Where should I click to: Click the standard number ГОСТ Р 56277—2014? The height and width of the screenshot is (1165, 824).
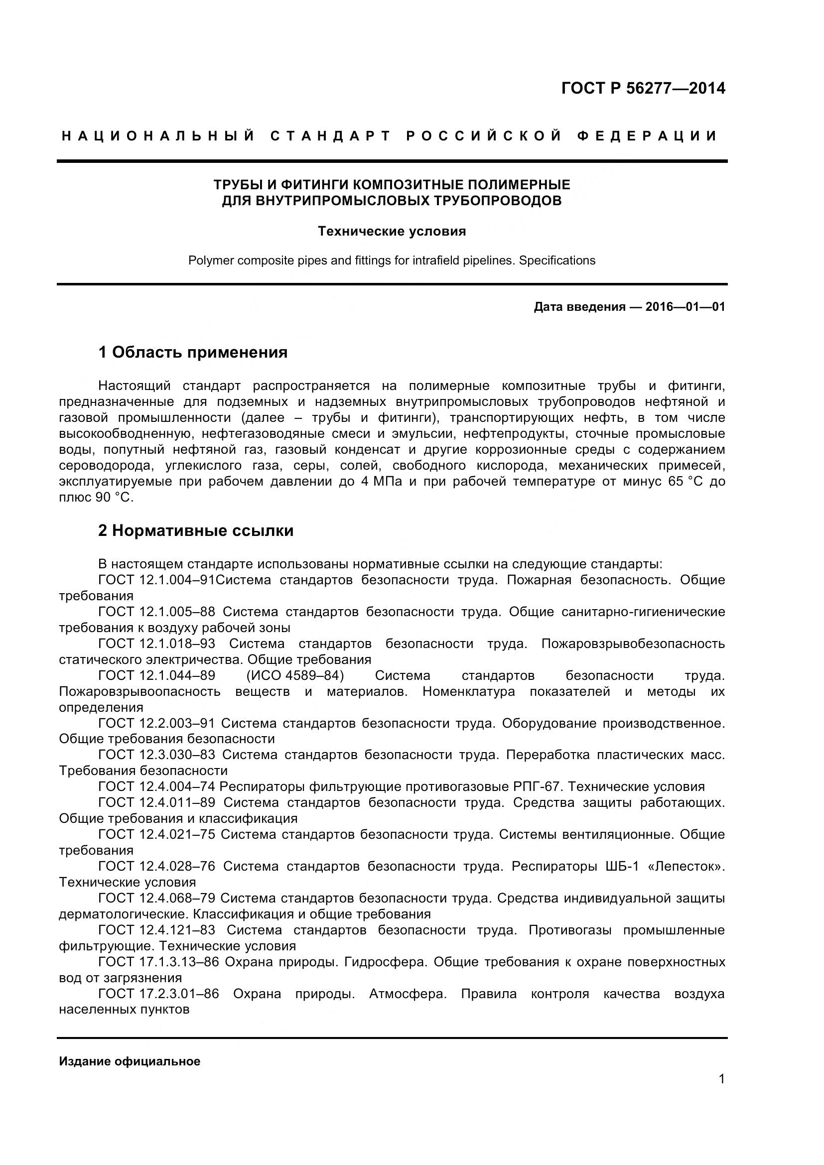[x=643, y=88]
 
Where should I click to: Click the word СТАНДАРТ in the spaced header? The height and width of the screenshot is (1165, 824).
[x=330, y=136]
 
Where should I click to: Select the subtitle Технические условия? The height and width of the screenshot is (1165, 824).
[x=392, y=232]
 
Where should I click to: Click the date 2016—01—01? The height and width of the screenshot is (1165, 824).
[x=685, y=307]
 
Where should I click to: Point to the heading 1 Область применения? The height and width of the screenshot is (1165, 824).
[x=193, y=352]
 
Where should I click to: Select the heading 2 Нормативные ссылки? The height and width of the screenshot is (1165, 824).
[x=196, y=531]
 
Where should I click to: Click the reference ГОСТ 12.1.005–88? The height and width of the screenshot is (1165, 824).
[x=156, y=612]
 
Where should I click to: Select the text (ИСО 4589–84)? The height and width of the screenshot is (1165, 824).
[x=295, y=675]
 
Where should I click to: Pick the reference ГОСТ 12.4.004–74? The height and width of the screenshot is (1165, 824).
[x=156, y=786]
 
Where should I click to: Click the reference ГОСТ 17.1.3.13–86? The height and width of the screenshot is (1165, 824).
[x=158, y=961]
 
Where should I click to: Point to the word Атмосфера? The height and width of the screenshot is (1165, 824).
[x=408, y=994]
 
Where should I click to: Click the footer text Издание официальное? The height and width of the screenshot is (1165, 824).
[x=130, y=1061]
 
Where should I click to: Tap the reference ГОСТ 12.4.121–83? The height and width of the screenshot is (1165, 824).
[x=156, y=930]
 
